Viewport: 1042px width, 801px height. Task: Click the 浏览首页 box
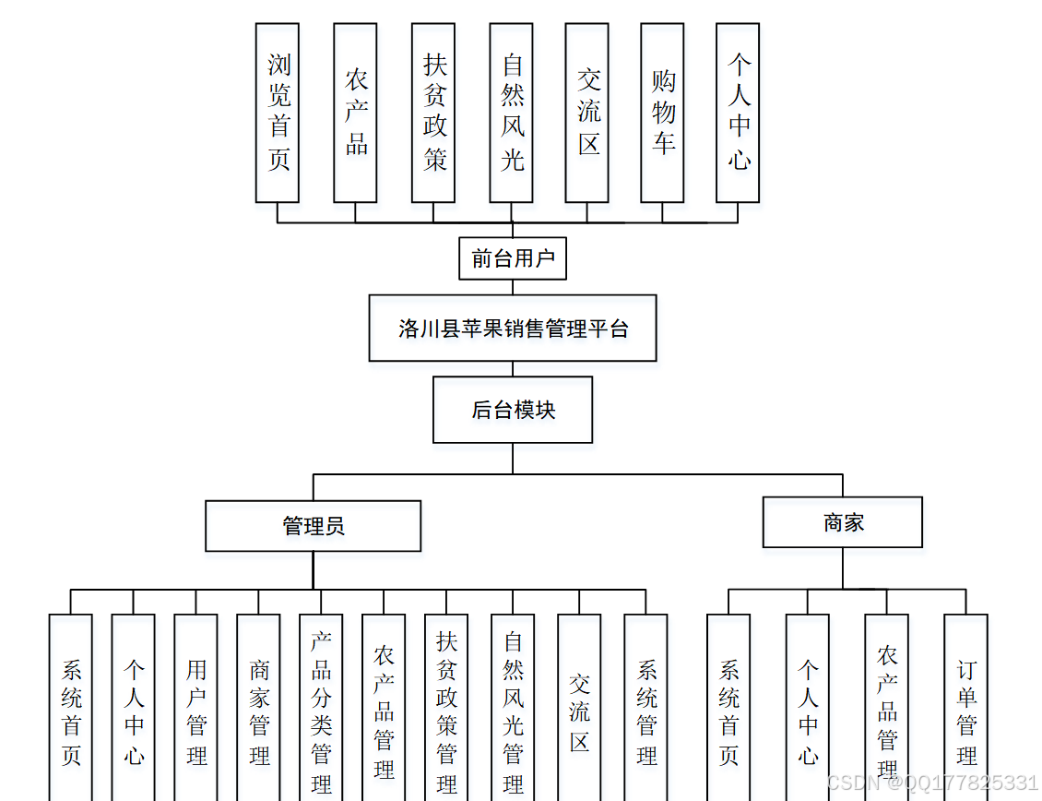(x=278, y=113)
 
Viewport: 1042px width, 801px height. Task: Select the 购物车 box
(x=662, y=113)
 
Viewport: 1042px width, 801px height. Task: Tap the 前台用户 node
(x=513, y=258)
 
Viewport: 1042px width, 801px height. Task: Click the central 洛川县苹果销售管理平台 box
(x=513, y=329)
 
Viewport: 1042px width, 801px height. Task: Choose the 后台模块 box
(x=513, y=410)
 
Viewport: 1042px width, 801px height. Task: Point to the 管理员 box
(x=314, y=526)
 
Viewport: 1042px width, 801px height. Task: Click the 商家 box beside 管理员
(x=843, y=522)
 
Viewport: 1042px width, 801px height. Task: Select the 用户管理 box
(x=195, y=711)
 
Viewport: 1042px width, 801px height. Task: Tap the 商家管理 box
(x=258, y=711)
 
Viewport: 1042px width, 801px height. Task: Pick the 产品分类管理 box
(x=321, y=711)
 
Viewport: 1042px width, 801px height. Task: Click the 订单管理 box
(x=965, y=711)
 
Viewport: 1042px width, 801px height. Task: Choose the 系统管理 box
(x=645, y=711)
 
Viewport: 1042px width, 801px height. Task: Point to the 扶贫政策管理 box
(x=446, y=711)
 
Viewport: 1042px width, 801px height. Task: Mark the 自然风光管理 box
(x=513, y=711)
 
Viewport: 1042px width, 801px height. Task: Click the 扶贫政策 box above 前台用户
(x=433, y=113)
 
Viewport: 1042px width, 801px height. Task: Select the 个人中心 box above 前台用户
(x=738, y=113)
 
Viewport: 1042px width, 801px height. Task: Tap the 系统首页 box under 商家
(x=728, y=711)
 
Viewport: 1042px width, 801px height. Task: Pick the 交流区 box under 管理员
(x=579, y=711)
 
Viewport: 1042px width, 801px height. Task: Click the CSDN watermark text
(x=932, y=783)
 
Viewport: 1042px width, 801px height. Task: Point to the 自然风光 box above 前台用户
(x=511, y=113)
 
